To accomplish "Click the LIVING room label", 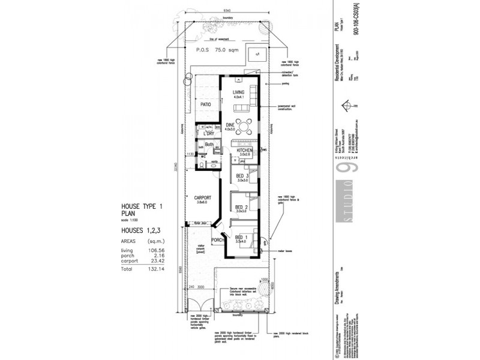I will coord(239,92).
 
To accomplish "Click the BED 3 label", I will coord(243,176).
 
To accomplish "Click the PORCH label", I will coord(217,240).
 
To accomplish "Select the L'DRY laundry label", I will coord(209,134).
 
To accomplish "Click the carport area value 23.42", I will coord(155,262).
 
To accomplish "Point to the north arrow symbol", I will coord(346,106).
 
